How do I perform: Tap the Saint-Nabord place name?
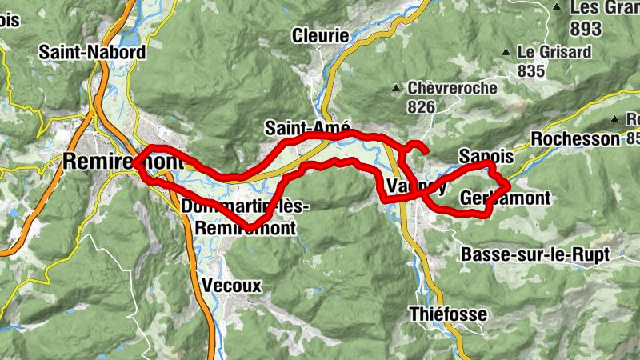[93, 53]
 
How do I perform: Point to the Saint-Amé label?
[307, 128]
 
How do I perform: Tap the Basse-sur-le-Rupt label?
[535, 254]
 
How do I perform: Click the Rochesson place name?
[574, 138]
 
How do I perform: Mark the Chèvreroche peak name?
[452, 88]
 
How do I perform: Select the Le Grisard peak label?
[554, 52]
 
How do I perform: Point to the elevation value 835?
[530, 71]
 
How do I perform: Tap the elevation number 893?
[585, 27]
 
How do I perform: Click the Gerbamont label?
[506, 198]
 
